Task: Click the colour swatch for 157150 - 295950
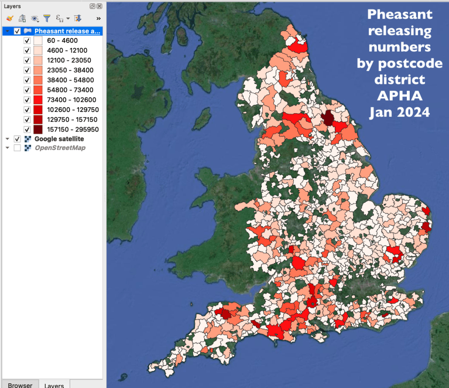click(x=38, y=129)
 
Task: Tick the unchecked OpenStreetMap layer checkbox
click(x=17, y=148)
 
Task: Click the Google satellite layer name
click(x=59, y=138)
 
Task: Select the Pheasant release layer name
click(x=67, y=31)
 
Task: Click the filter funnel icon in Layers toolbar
click(x=47, y=19)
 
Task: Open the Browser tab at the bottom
click(x=20, y=384)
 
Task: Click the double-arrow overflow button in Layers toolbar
click(x=98, y=19)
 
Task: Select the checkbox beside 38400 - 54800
click(x=27, y=80)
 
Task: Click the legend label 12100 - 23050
click(x=65, y=61)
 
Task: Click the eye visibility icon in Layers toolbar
click(x=35, y=19)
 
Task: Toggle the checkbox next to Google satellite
click(x=17, y=138)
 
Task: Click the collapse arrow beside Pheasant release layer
click(x=7, y=31)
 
